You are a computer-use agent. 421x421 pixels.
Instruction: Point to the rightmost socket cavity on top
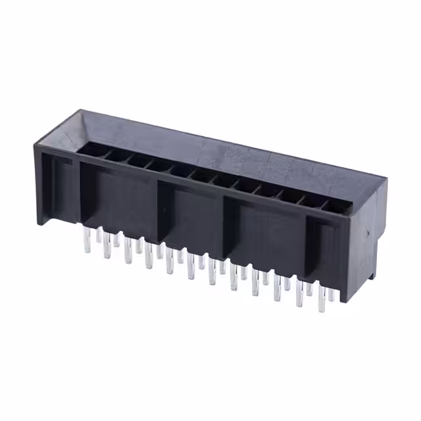click(335, 206)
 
